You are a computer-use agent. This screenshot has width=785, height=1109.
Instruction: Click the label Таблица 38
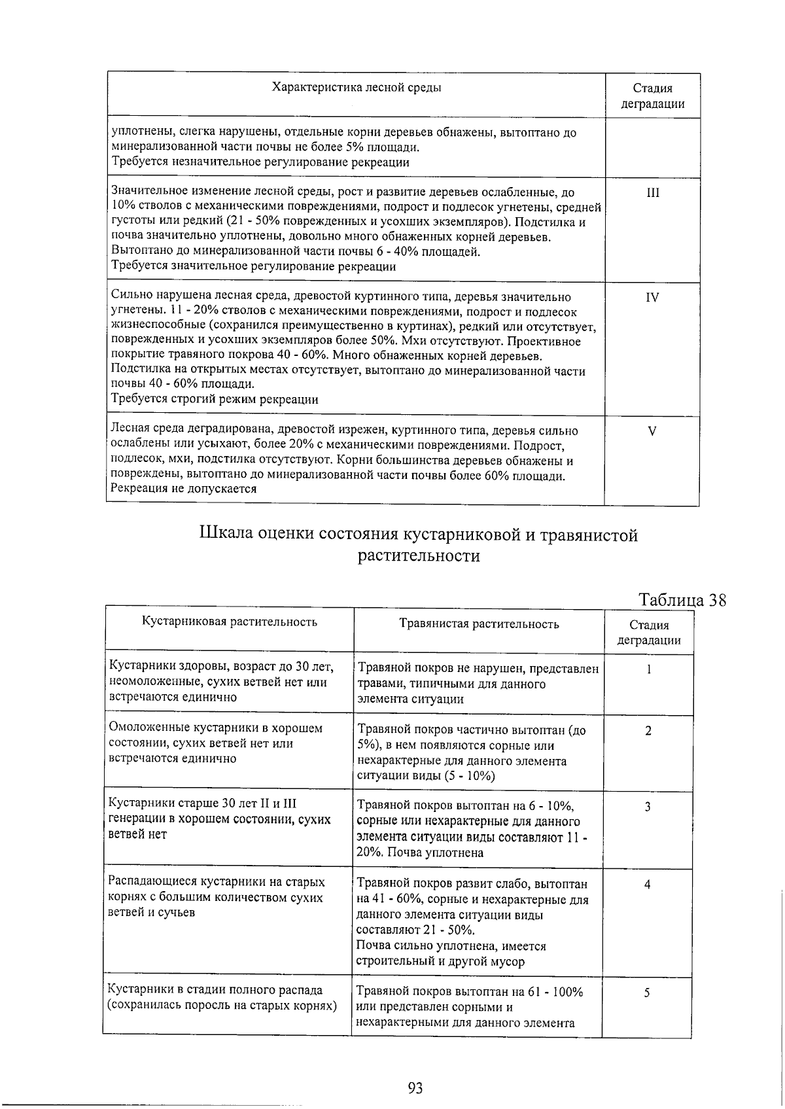tap(682, 601)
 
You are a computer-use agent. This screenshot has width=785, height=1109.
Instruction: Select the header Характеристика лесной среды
tap(356, 88)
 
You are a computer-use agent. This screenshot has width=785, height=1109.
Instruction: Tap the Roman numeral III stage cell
tap(652, 193)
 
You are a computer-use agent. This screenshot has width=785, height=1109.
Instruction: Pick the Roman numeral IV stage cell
tap(652, 298)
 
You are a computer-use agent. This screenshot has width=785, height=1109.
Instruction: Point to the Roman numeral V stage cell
tap(652, 431)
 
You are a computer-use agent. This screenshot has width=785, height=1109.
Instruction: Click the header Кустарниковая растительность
tap(230, 622)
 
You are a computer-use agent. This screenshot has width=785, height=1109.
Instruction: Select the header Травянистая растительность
tap(479, 624)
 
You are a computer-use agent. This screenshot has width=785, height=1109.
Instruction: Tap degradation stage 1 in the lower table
tap(648, 669)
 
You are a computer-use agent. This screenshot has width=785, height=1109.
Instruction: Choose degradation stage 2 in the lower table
tap(648, 731)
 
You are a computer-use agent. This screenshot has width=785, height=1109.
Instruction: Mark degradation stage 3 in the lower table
tap(648, 807)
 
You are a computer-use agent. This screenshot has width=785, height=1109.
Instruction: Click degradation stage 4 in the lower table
tap(648, 885)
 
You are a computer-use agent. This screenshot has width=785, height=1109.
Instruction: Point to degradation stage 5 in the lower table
tap(648, 993)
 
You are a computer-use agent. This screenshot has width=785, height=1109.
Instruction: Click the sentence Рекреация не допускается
tap(184, 489)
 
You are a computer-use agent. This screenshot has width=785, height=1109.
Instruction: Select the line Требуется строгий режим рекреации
tap(215, 399)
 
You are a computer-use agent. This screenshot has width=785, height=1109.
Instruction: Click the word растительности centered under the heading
tap(419, 556)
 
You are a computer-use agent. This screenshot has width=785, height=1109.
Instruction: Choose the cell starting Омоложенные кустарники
tap(215, 743)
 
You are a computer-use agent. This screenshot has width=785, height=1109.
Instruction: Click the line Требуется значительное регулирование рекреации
tap(254, 266)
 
